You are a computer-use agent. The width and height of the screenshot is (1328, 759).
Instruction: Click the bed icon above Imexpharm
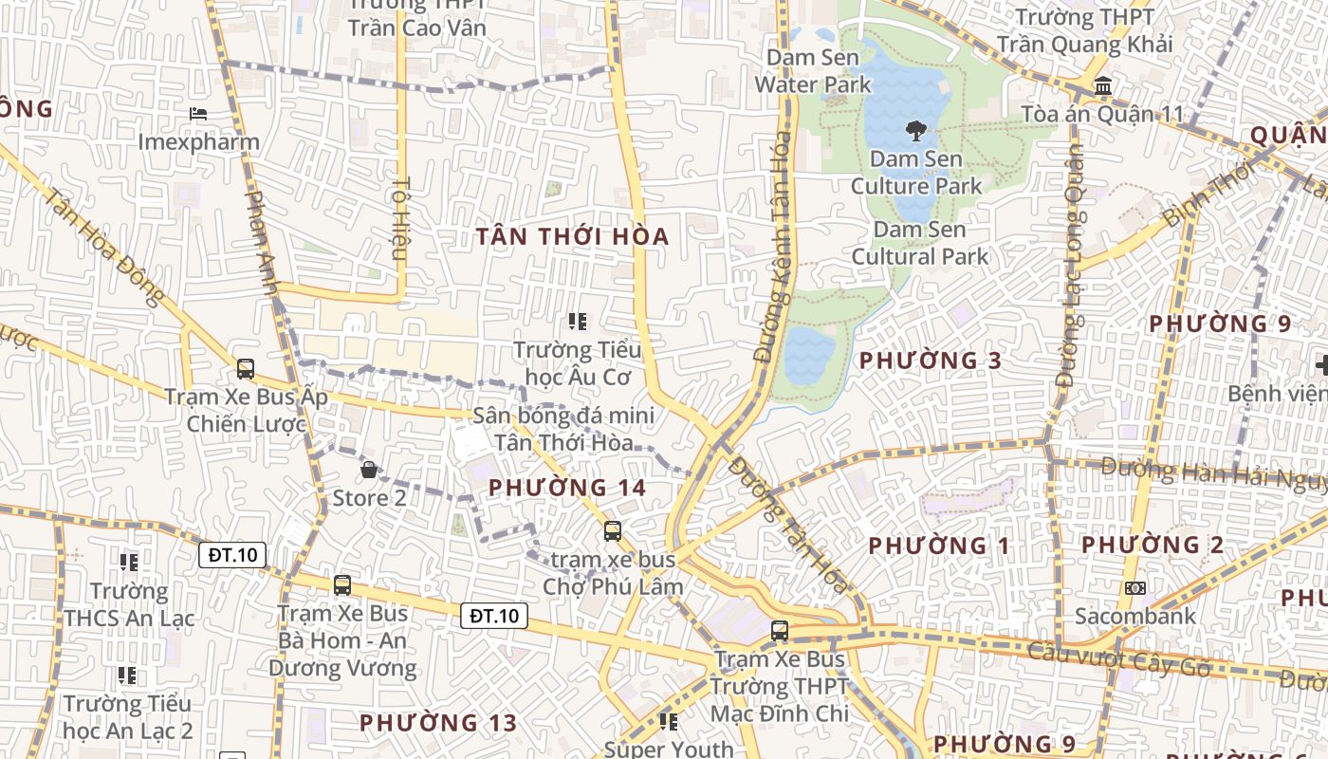pyautogui.click(x=198, y=114)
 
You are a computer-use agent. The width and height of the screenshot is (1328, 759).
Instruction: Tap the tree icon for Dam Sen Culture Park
pyautogui.click(x=915, y=130)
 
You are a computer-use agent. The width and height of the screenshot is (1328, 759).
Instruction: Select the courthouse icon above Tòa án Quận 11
pyautogui.click(x=1103, y=87)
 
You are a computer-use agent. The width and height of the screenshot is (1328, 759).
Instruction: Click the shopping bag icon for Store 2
pyautogui.click(x=369, y=469)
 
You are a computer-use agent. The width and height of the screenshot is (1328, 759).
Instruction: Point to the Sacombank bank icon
pyautogui.click(x=1135, y=588)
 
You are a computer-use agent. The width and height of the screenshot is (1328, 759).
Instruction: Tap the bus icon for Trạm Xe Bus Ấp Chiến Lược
pyautogui.click(x=246, y=368)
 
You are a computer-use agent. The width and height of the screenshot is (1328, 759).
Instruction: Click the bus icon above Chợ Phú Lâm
pyautogui.click(x=613, y=530)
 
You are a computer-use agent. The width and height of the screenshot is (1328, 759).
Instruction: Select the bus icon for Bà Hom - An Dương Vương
pyautogui.click(x=342, y=585)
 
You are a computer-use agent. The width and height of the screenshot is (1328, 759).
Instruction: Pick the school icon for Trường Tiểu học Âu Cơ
pyautogui.click(x=577, y=322)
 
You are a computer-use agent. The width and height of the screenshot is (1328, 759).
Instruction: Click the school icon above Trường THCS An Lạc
pyautogui.click(x=129, y=563)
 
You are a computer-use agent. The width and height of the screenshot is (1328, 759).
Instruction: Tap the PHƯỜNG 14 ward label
pyautogui.click(x=567, y=488)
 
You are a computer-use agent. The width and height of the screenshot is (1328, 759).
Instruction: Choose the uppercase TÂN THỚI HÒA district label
pyautogui.click(x=573, y=236)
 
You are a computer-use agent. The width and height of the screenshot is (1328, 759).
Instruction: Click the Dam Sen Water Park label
pyautogui.click(x=813, y=71)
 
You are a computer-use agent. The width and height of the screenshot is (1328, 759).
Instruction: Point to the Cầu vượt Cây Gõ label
pyautogui.click(x=1118, y=659)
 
